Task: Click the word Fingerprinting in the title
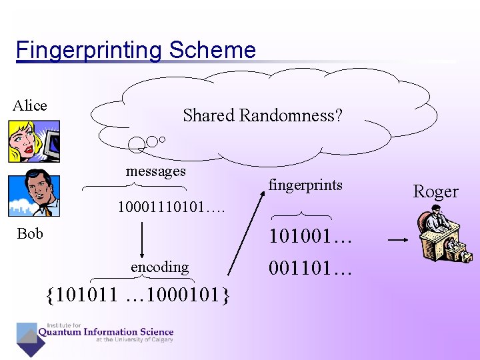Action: point(89,51)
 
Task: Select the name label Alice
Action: point(30,105)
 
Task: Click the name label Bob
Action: point(30,233)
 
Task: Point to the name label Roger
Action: point(435,191)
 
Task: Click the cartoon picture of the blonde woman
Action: point(33,141)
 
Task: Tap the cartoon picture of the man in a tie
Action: point(33,193)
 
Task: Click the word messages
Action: point(156,171)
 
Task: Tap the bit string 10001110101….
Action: point(171,207)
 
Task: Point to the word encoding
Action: point(159,267)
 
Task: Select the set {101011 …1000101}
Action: point(138,293)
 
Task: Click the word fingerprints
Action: point(305,185)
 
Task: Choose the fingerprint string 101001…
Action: point(309,237)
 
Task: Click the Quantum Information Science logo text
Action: point(105,332)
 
